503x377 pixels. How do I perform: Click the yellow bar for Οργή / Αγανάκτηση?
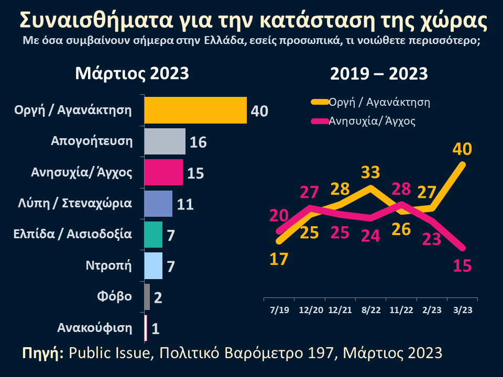(195, 110)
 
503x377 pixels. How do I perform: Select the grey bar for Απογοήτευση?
(165, 141)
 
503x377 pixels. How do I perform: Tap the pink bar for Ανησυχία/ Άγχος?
(163, 172)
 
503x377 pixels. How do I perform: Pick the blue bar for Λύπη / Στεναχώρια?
(158, 203)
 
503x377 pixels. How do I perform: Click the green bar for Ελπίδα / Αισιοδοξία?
(153, 234)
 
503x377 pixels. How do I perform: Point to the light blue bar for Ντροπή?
(153, 265)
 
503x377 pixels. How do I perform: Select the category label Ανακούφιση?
(94, 328)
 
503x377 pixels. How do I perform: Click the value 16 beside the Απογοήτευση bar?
(198, 142)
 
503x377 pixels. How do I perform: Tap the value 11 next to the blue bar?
(185, 204)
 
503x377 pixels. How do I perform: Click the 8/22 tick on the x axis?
(370, 310)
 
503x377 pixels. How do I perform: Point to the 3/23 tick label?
(462, 310)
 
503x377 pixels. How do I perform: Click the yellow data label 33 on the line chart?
(370, 172)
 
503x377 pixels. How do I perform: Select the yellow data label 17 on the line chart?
(278, 259)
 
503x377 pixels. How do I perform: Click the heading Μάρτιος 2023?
(132, 73)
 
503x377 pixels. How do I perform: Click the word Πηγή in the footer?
(42, 352)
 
